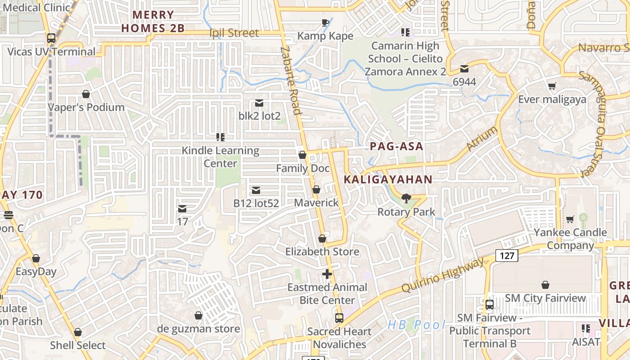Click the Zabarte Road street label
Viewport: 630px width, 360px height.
pos(290,81)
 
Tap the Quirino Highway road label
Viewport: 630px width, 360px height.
pos(443,274)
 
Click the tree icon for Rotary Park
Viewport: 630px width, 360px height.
pos(406,198)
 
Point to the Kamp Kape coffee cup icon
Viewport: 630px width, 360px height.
pos(325,22)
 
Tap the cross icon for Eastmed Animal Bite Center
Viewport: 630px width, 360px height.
pos(327,274)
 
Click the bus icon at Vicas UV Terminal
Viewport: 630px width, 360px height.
pos(51,38)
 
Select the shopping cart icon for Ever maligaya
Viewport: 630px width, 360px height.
pos(552,86)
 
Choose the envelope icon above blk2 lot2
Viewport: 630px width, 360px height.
pos(259,103)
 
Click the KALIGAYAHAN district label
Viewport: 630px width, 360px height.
pos(388,180)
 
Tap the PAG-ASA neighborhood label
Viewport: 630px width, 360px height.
pos(396,146)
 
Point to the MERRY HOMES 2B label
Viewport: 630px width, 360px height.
pos(153,22)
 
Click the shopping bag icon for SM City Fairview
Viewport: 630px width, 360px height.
pos(545,285)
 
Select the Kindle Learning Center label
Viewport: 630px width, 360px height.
pos(220,157)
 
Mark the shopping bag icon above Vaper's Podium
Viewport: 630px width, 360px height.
pos(86,94)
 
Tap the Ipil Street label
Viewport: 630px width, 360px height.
pos(234,33)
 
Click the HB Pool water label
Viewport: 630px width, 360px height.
pos(417,324)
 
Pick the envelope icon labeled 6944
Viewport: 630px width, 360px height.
pos(464,69)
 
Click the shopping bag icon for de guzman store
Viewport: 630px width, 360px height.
pos(198,315)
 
